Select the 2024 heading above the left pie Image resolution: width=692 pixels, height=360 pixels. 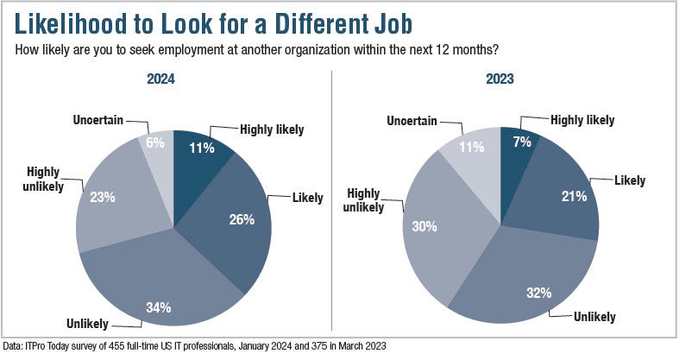click(x=173, y=79)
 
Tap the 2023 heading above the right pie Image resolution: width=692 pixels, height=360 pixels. click(x=500, y=79)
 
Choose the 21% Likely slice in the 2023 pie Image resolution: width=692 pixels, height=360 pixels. click(x=574, y=197)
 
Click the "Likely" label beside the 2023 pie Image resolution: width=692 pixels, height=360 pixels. click(x=630, y=180)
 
